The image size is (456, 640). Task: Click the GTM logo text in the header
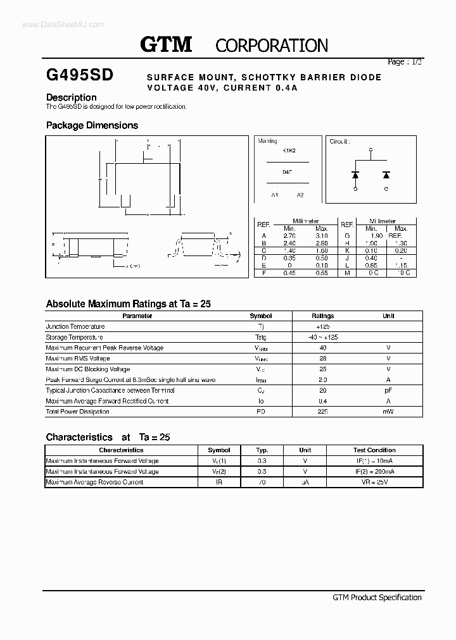165,44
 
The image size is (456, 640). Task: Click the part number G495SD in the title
80,75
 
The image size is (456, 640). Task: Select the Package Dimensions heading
92,125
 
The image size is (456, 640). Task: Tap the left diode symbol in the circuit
355,175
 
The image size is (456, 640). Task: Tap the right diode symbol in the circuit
386,175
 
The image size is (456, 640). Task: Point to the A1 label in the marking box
275,195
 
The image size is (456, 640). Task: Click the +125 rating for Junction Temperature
322,326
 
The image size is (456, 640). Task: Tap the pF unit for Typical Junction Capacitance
388,390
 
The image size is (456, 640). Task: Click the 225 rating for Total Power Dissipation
322,412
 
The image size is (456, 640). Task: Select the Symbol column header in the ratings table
260,316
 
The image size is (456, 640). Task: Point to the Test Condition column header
374,450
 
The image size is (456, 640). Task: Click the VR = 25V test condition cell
374,482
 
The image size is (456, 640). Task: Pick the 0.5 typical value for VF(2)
262,471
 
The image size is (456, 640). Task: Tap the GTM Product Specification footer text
377,597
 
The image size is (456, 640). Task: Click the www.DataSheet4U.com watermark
53,24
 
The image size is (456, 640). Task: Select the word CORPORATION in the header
272,46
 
